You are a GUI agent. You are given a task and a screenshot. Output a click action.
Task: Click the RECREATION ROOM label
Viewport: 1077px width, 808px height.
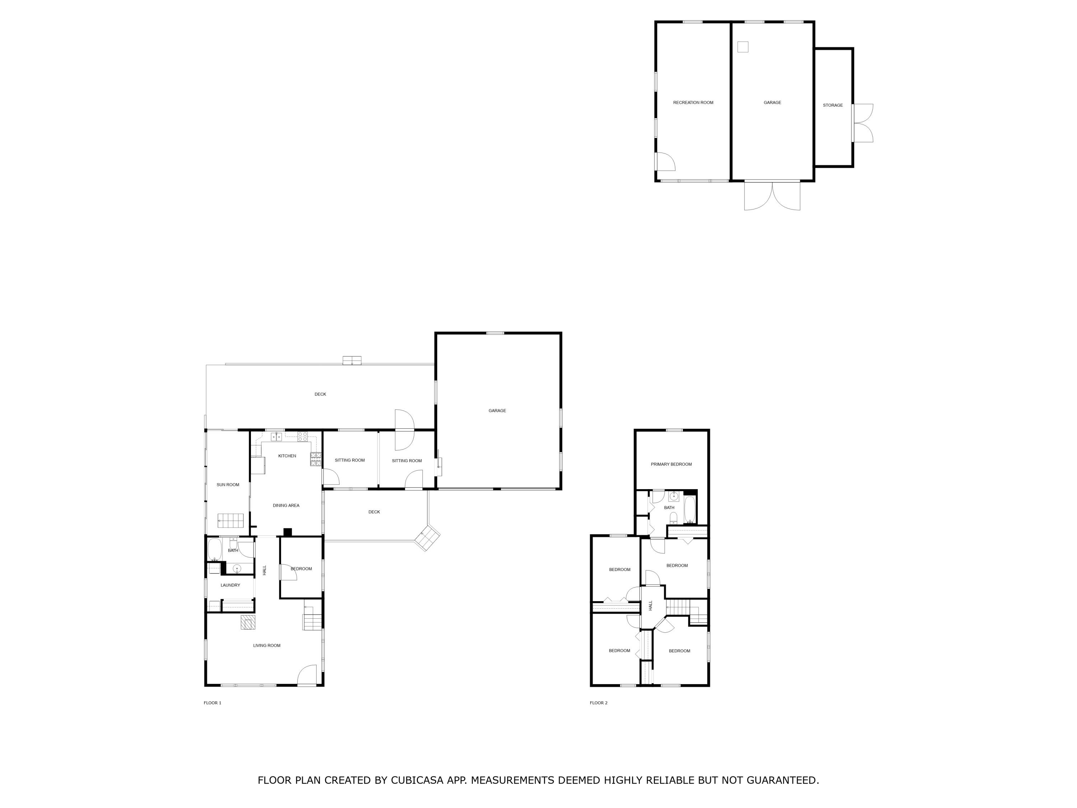pyautogui.click(x=693, y=103)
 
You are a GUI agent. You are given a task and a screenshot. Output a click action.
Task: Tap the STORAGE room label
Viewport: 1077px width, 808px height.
pyautogui.click(x=833, y=105)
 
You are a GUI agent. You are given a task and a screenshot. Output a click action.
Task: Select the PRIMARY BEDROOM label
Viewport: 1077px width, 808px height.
pyautogui.click(x=671, y=464)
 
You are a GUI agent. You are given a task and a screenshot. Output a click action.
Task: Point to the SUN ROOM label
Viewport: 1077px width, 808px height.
pyautogui.click(x=228, y=484)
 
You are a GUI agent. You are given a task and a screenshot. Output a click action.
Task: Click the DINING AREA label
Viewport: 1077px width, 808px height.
pyautogui.click(x=286, y=506)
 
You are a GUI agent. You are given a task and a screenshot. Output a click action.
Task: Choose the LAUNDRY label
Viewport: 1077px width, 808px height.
pyautogui.click(x=230, y=585)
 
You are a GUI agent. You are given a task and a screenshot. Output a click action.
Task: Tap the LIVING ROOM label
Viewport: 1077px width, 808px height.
pyautogui.click(x=267, y=645)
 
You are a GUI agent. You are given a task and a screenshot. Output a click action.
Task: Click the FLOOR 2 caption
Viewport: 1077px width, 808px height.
pyautogui.click(x=598, y=703)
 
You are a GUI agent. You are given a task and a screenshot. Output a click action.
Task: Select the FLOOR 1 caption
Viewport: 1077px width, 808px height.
pyautogui.click(x=212, y=703)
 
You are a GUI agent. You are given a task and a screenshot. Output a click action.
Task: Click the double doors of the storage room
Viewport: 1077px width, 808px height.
pyautogui.click(x=863, y=123)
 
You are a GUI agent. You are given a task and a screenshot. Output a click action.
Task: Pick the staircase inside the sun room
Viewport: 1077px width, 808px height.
pyautogui.click(x=230, y=520)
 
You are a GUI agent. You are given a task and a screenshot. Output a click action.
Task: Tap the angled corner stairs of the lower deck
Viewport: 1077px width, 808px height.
pyautogui.click(x=427, y=538)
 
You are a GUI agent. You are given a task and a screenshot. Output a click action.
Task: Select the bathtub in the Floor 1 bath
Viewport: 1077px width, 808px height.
pyautogui.click(x=215, y=549)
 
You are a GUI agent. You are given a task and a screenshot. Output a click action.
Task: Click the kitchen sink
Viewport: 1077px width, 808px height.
pyautogui.click(x=276, y=436)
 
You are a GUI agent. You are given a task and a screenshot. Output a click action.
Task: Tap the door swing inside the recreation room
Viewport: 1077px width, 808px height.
pyautogui.click(x=666, y=161)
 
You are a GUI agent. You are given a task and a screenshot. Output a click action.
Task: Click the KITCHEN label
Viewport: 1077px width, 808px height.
pyautogui.click(x=287, y=456)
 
